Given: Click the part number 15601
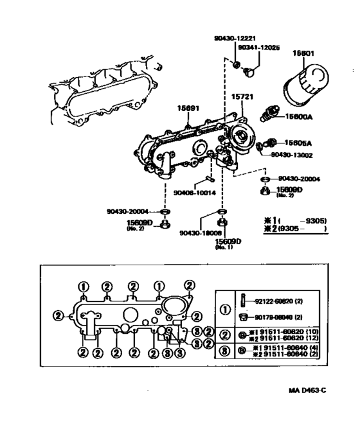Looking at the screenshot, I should (x=304, y=53).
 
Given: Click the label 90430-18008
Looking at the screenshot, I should (x=201, y=233).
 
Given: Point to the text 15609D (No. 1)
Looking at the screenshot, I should (x=228, y=243).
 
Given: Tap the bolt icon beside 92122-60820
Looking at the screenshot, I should (x=243, y=299).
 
